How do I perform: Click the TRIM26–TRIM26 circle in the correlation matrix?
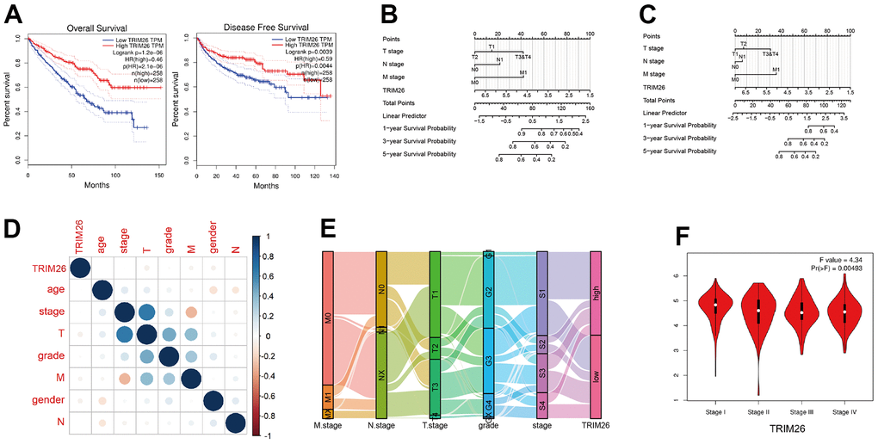click(x=78, y=268)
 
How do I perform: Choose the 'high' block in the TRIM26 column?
click(x=596, y=293)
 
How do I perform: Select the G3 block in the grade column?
click(x=489, y=361)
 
